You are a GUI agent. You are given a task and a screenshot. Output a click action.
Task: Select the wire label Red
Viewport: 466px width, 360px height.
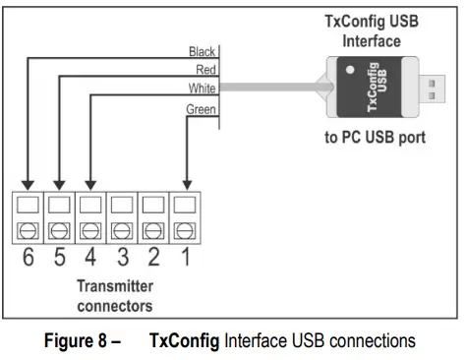pyautogui.click(x=204, y=69)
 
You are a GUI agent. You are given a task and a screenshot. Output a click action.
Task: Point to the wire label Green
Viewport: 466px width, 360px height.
pyautogui.click(x=201, y=109)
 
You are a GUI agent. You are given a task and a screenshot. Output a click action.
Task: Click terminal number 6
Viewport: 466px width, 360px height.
pyautogui.click(x=29, y=261)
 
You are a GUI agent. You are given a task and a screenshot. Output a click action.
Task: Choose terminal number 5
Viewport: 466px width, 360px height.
pyautogui.click(x=61, y=261)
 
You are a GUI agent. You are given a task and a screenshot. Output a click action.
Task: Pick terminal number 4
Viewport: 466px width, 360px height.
pyautogui.click(x=91, y=261)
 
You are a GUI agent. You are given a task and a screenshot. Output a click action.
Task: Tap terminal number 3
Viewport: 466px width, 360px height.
pyautogui.click(x=123, y=261)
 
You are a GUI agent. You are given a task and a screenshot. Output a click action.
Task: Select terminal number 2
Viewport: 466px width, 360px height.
pyautogui.click(x=154, y=261)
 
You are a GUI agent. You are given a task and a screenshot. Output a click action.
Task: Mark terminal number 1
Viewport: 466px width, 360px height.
pyautogui.click(x=186, y=261)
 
